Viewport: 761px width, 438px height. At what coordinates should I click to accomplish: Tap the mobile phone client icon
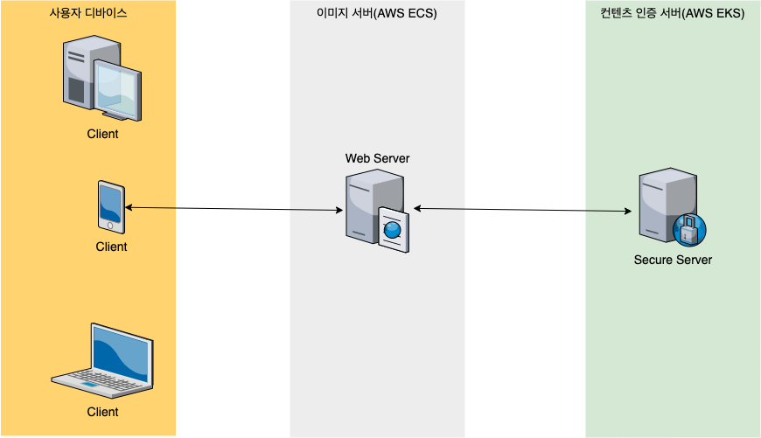click(111, 207)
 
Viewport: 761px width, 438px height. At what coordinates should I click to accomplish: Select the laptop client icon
click(102, 358)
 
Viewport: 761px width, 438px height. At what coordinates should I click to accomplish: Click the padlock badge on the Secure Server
click(689, 229)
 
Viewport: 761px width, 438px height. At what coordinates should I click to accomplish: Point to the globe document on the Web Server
click(393, 230)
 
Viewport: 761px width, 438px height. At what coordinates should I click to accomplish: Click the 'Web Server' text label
click(377, 158)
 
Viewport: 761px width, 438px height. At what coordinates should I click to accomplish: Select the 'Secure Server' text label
click(673, 260)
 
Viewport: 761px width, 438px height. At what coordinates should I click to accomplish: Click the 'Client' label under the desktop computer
click(102, 135)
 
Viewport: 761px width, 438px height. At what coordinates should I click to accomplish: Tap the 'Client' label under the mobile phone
click(111, 247)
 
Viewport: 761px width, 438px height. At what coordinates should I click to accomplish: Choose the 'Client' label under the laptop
click(102, 412)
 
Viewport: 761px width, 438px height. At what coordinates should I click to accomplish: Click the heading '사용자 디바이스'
click(87, 15)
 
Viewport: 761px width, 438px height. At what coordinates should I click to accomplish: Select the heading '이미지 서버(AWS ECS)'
click(377, 15)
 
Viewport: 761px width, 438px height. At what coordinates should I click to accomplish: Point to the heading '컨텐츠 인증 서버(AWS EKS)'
click(673, 15)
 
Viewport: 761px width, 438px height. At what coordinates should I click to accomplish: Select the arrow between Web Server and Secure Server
click(523, 210)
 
